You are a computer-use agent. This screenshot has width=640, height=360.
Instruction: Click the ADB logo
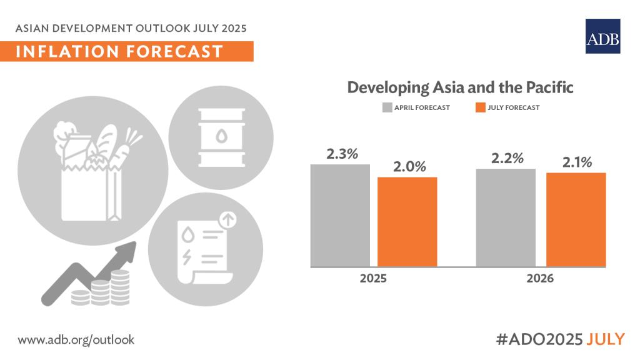click(x=602, y=36)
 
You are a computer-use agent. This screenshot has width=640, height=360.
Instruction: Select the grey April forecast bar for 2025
click(x=340, y=216)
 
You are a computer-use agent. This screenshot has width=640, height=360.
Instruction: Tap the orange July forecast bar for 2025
click(x=407, y=222)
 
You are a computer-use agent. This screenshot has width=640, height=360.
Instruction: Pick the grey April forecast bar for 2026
click(x=506, y=217)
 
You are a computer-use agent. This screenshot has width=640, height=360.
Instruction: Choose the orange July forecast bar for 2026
click(x=576, y=219)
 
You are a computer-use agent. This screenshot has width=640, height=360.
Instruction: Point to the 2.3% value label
click(x=341, y=153)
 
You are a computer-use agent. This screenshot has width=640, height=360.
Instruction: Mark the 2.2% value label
click(x=507, y=158)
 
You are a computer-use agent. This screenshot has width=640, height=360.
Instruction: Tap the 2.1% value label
click(x=576, y=162)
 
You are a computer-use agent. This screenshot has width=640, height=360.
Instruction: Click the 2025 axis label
click(x=373, y=279)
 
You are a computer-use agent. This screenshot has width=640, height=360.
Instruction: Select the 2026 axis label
click(x=539, y=279)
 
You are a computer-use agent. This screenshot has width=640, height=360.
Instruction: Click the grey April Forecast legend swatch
click(x=387, y=107)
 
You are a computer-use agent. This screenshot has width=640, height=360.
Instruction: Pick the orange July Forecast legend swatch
click(x=481, y=107)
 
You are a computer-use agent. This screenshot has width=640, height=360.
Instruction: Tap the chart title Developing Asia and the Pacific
click(x=460, y=87)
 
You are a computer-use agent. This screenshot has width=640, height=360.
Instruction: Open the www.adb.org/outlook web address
click(x=76, y=339)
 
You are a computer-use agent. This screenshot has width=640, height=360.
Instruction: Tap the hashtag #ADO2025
click(x=538, y=339)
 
